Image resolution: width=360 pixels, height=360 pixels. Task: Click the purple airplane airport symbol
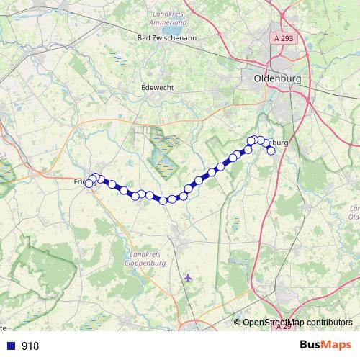pyautogui.click(x=188, y=277)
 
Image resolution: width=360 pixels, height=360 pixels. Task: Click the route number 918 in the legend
pyautogui.click(x=31, y=346)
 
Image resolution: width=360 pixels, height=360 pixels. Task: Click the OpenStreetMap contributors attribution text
pyautogui.click(x=297, y=323)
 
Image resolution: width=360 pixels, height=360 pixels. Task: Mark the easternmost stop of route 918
pyautogui.click(x=271, y=150)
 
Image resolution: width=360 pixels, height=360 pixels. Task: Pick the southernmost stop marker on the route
pyautogui.click(x=163, y=200)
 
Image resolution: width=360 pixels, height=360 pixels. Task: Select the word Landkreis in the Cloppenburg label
pyautogui.click(x=145, y=256)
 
